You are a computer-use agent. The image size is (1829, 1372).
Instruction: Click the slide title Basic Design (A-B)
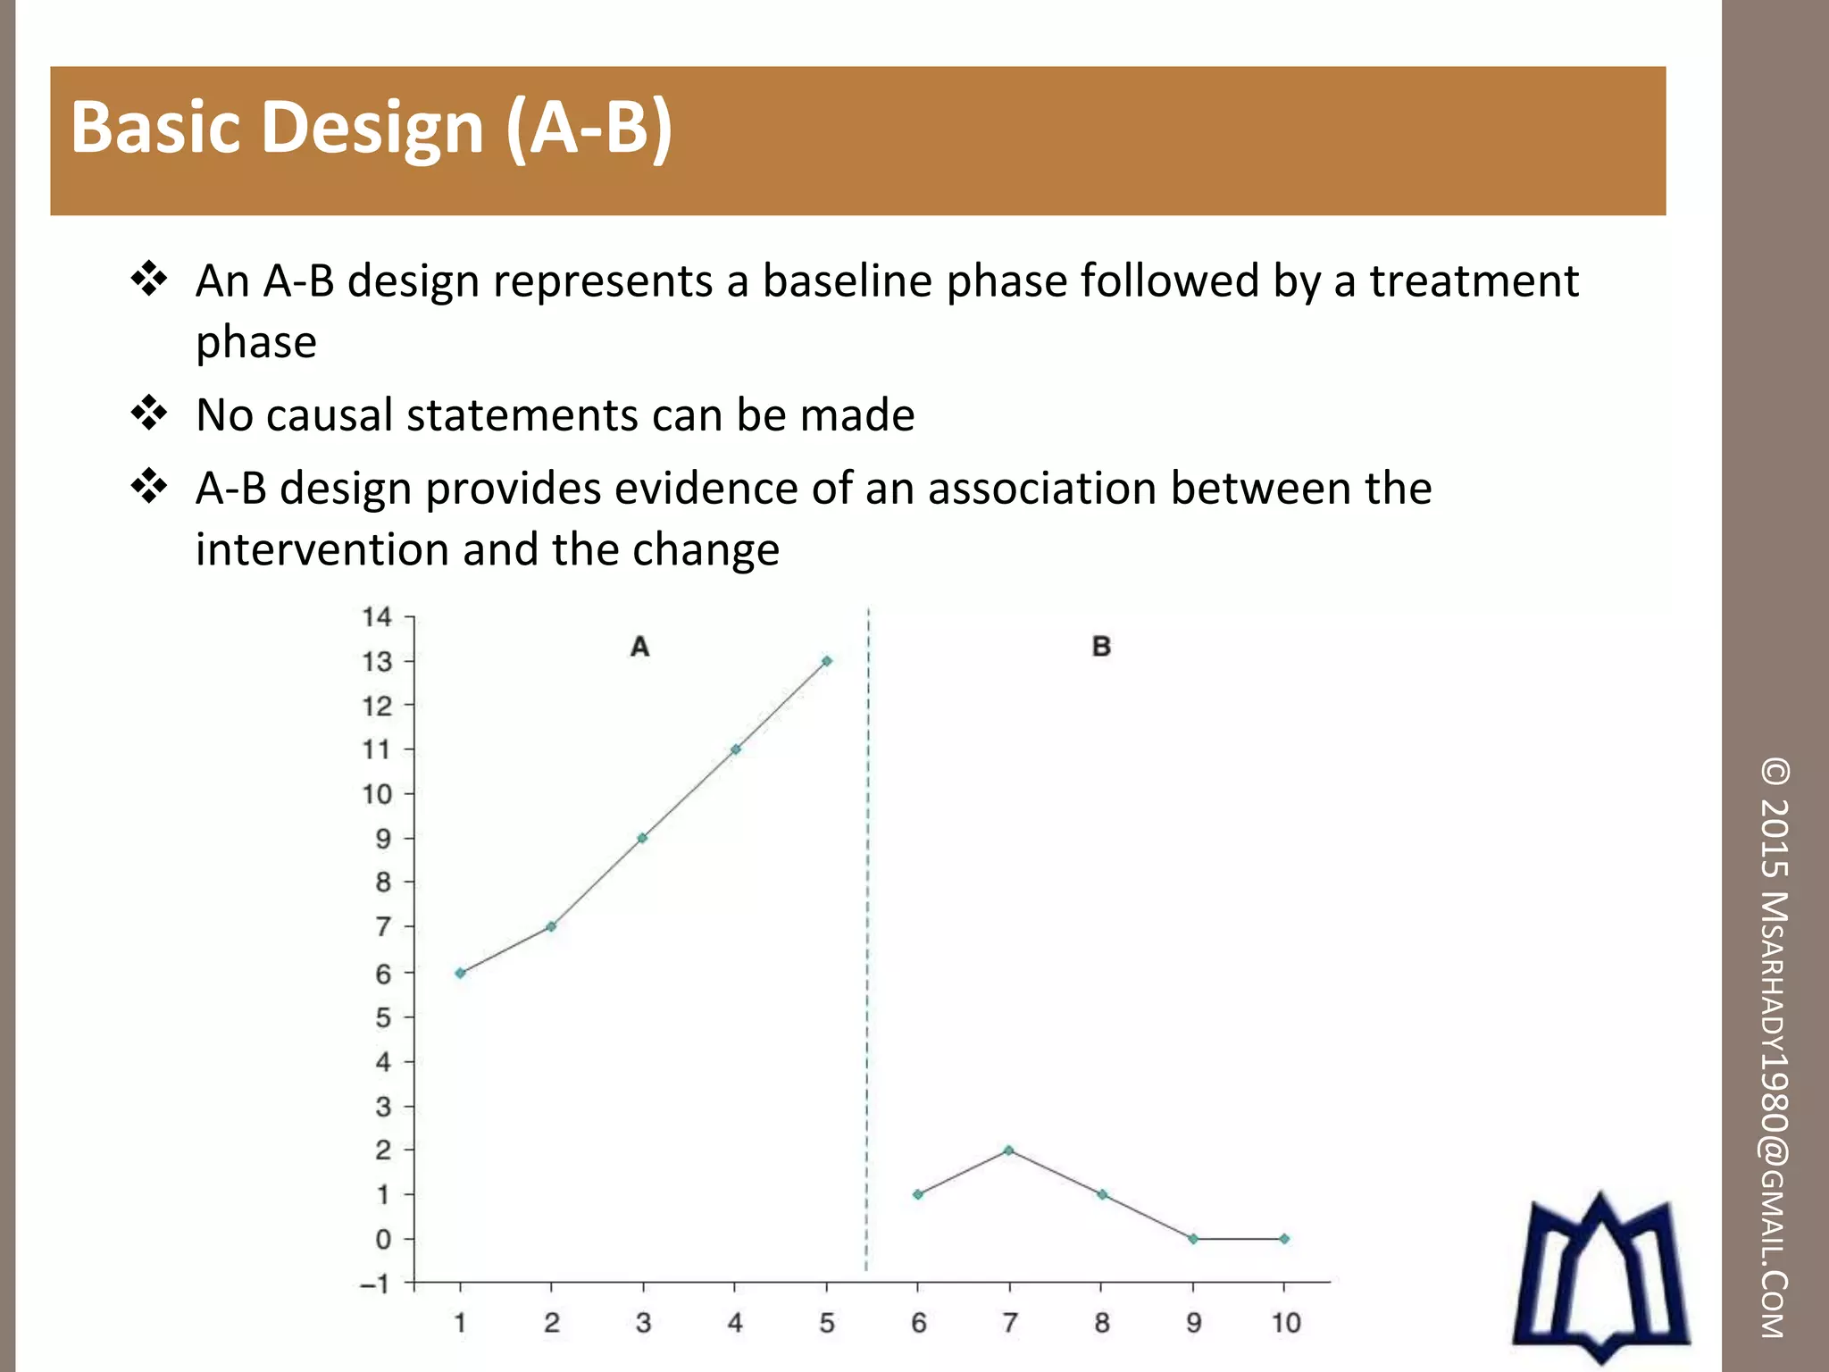pyautogui.click(x=371, y=128)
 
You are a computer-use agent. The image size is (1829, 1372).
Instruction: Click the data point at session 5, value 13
pyautogui.click(x=827, y=661)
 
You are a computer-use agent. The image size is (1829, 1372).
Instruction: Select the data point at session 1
pyautogui.click(x=460, y=973)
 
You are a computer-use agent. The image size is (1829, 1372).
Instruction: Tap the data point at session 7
pyautogui.click(x=1009, y=1150)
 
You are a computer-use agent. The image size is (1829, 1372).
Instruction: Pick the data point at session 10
pyautogui.click(x=1284, y=1239)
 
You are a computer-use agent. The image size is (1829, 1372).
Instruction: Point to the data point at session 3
pyautogui.click(x=642, y=838)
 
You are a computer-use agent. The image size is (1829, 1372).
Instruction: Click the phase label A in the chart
pyautogui.click(x=639, y=646)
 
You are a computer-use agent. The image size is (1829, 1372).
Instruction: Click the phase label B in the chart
pyautogui.click(x=1101, y=646)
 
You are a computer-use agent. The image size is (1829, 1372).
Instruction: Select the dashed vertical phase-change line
pyautogui.click(x=867, y=938)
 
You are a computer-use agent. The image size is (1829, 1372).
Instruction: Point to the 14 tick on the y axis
pyautogui.click(x=377, y=617)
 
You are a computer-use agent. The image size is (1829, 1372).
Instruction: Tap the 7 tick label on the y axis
pyautogui.click(x=383, y=927)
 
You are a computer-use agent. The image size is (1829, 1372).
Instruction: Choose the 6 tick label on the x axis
pyautogui.click(x=918, y=1323)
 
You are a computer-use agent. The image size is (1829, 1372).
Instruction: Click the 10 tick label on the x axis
pyautogui.click(x=1285, y=1323)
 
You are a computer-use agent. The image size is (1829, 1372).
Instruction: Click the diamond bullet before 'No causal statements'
pyautogui.click(x=149, y=414)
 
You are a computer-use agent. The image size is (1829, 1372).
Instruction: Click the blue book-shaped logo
pyautogui.click(x=1600, y=1277)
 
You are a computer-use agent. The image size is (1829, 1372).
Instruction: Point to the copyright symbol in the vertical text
pyautogui.click(x=1775, y=772)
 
